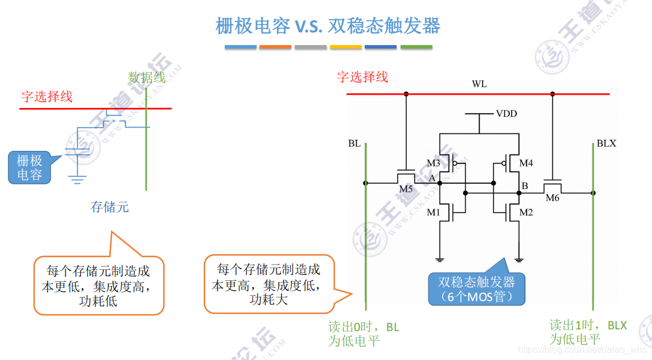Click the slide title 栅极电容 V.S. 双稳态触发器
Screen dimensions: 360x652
328,26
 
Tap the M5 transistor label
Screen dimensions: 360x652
406,189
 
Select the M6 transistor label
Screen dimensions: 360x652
553,198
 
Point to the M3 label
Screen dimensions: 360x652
434,164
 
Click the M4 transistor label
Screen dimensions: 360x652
526,164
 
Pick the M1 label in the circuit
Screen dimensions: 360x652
434,213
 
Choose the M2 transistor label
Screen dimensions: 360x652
526,213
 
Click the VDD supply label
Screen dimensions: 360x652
506,114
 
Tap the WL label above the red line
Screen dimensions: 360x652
479,84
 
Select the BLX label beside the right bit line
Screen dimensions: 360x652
606,143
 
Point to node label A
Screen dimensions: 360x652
431,179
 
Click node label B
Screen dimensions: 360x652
525,186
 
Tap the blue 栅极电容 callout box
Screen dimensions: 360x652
29,168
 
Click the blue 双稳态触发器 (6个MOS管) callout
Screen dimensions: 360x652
476,290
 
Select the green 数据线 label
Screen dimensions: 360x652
147,77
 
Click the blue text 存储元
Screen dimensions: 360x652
110,206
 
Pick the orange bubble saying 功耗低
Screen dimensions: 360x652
98,285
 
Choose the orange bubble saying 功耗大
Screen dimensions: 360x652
269,284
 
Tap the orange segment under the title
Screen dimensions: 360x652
275,47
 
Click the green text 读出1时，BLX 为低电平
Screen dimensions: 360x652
588,332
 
